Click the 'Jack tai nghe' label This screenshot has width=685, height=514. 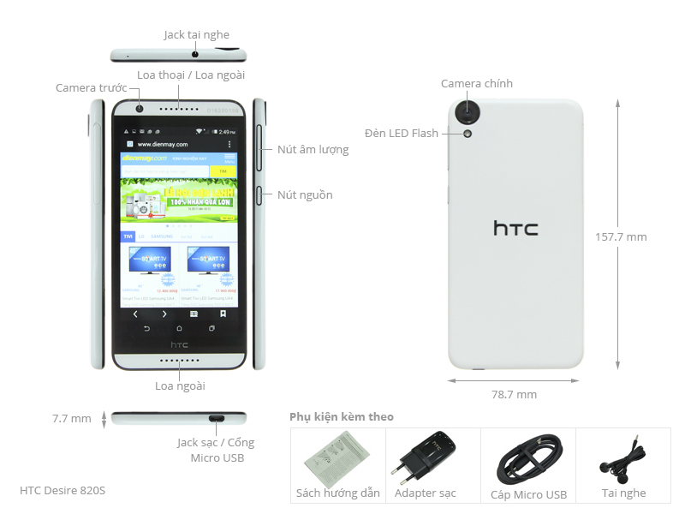click(x=196, y=35)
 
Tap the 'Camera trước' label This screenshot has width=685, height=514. click(x=91, y=87)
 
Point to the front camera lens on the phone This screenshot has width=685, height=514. click(x=137, y=109)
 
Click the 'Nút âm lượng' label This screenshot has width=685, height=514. click(x=313, y=149)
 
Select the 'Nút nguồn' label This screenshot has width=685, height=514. click(x=305, y=194)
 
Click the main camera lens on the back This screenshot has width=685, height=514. click(x=468, y=111)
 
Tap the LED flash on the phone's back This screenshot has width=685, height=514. click(x=468, y=133)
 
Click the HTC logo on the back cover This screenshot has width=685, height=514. click(x=515, y=229)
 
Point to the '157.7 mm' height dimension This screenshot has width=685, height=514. click(x=621, y=236)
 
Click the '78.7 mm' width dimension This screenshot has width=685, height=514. click(x=514, y=394)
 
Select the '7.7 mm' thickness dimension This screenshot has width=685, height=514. click(x=71, y=419)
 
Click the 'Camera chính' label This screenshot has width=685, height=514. click(x=476, y=83)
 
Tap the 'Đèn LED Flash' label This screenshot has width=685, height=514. click(x=401, y=133)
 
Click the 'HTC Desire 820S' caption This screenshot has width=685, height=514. click(x=63, y=491)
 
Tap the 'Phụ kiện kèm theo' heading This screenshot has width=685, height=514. click(x=342, y=416)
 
